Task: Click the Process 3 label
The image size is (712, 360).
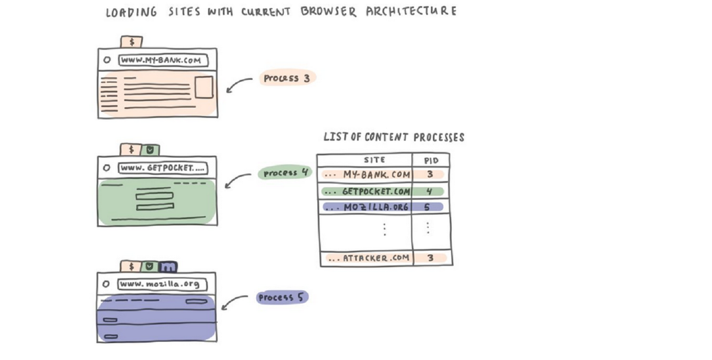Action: pyautogui.click(x=287, y=78)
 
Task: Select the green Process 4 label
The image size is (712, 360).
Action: pyautogui.click(x=285, y=173)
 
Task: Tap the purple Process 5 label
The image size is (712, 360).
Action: pyautogui.click(x=282, y=297)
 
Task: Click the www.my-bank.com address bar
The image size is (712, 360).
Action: pyautogui.click(x=163, y=60)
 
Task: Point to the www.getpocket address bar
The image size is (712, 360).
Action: pyautogui.click(x=163, y=168)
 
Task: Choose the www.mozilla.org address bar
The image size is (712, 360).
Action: pyautogui.click(x=163, y=284)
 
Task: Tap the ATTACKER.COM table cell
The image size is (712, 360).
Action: pyautogui.click(x=369, y=258)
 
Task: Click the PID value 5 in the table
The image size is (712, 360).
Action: pyautogui.click(x=427, y=207)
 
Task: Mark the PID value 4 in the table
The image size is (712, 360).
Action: pyautogui.click(x=429, y=192)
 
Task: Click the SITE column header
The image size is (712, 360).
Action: pyautogui.click(x=374, y=160)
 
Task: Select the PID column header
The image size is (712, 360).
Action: pyautogui.click(x=431, y=161)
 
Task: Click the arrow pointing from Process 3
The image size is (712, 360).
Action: pyautogui.click(x=238, y=84)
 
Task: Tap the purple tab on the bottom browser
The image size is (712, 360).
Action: pyautogui.click(x=167, y=266)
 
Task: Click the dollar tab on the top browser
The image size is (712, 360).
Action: pyautogui.click(x=132, y=42)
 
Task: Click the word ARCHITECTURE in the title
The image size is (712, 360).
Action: pyautogui.click(x=411, y=11)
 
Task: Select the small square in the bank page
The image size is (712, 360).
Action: pyautogui.click(x=204, y=87)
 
